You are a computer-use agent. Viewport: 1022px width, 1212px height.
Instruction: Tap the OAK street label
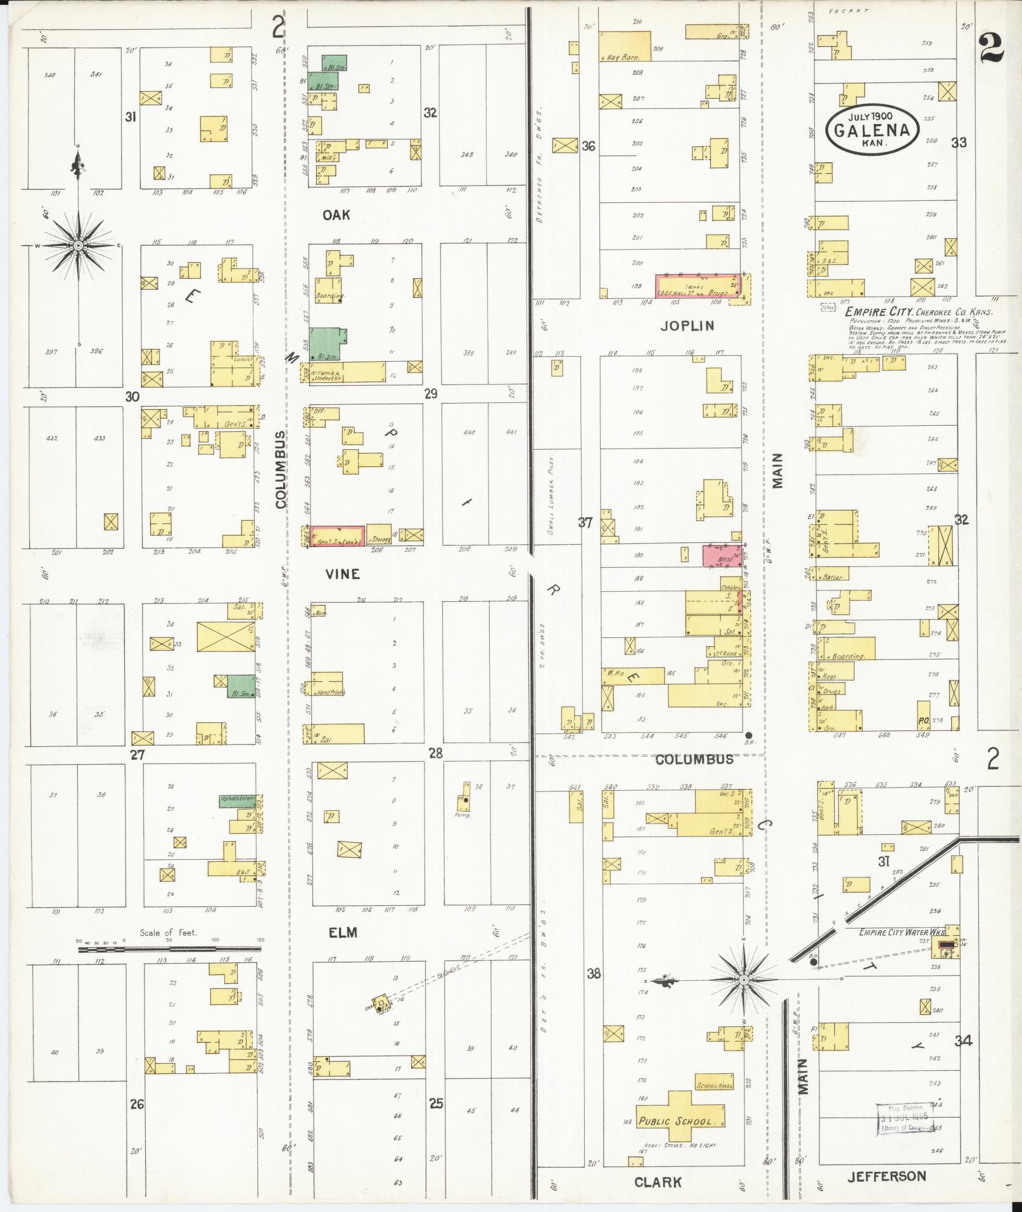click(x=336, y=215)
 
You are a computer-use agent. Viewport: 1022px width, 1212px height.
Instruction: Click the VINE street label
click(x=343, y=574)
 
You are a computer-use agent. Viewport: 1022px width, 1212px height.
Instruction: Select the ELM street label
click(x=343, y=933)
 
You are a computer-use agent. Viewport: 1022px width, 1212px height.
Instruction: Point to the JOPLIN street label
click(x=687, y=326)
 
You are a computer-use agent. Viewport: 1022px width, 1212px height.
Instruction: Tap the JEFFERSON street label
click(x=886, y=1177)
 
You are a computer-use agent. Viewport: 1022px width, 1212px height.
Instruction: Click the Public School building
click(x=676, y=1121)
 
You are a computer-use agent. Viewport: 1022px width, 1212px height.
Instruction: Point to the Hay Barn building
click(x=624, y=46)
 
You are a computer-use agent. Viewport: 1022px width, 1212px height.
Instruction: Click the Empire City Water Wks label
click(x=902, y=933)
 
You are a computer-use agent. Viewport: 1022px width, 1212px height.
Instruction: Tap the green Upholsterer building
click(x=237, y=800)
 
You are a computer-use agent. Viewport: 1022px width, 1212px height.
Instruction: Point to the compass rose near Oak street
click(x=78, y=245)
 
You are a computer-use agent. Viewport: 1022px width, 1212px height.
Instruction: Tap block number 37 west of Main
click(x=584, y=523)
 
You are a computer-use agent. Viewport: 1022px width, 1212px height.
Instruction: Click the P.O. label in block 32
click(x=923, y=720)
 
